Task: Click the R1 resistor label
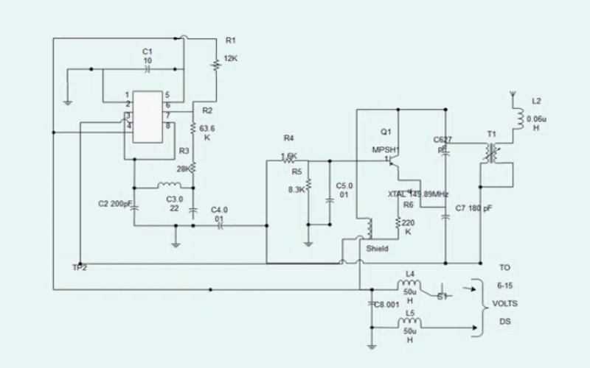(x=230, y=39)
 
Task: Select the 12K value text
(x=230, y=58)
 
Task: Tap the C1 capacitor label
(x=147, y=51)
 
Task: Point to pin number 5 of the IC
(x=168, y=95)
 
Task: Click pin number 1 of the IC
(x=127, y=95)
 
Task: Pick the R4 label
(x=288, y=138)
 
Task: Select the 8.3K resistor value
(x=296, y=190)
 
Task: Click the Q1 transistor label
(x=385, y=132)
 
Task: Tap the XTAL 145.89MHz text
(x=418, y=194)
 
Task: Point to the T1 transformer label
(x=492, y=134)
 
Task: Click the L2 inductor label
(x=536, y=100)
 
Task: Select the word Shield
(x=377, y=249)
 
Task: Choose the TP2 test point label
(x=80, y=267)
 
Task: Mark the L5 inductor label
(x=411, y=312)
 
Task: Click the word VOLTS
(x=504, y=303)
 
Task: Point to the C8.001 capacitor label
(x=386, y=304)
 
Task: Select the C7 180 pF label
(x=473, y=209)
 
